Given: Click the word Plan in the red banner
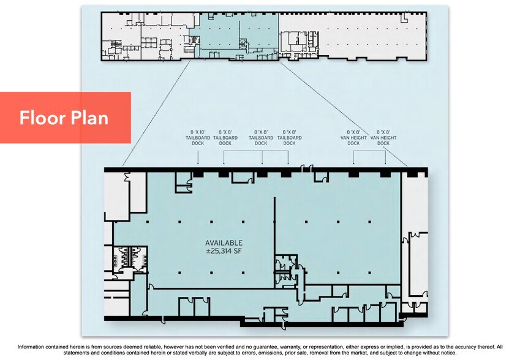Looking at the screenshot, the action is [x=88, y=118].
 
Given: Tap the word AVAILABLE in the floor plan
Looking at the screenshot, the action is [x=224, y=243].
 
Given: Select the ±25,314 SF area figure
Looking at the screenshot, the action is [x=224, y=251].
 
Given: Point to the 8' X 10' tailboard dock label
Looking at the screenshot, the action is [x=198, y=138].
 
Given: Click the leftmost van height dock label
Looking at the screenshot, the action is [x=353, y=138].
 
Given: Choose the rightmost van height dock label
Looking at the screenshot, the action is [x=383, y=138].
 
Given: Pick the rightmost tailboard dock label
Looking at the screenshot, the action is [x=290, y=138].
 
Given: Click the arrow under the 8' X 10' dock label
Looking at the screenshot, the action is [x=198, y=157].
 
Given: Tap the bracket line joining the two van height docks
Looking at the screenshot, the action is [x=369, y=151].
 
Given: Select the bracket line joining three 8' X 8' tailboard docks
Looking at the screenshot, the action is [x=255, y=151].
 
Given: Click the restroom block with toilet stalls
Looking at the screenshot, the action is [x=130, y=259].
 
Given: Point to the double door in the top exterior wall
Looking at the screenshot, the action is [x=306, y=169].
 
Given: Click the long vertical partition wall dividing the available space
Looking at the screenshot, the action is [x=274, y=242].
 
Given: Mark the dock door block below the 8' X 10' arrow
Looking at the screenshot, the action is [x=198, y=174].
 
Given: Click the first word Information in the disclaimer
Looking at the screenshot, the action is [x=31, y=347].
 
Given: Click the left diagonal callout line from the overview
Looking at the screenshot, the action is [x=156, y=113].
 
